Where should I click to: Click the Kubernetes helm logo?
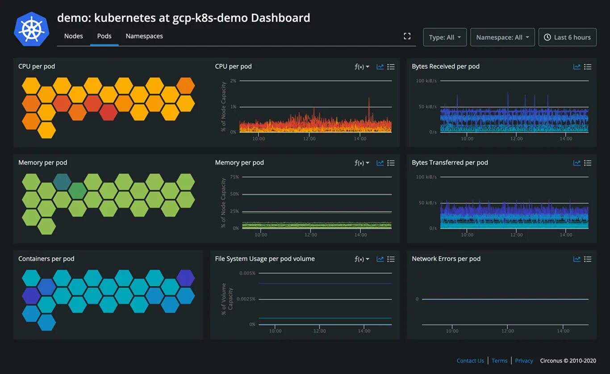31,29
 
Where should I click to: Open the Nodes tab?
73,36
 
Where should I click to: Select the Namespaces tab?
144,36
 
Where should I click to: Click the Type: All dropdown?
445,37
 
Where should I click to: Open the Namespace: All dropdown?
502,37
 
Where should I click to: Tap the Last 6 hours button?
568,37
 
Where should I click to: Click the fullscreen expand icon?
407,36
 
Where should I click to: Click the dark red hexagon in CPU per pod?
108,112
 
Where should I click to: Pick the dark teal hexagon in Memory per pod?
62,182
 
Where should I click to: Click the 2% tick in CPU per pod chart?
233,81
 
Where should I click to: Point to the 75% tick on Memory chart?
234,177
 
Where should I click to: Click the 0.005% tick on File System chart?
247,273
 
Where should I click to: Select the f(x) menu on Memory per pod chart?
362,163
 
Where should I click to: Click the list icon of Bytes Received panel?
588,67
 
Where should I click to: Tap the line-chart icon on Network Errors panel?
577,259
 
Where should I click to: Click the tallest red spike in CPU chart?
369,99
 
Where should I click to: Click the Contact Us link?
470,361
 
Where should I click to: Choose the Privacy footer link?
524,361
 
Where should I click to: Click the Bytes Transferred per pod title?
450,162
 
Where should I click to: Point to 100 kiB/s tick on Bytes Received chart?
426,81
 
